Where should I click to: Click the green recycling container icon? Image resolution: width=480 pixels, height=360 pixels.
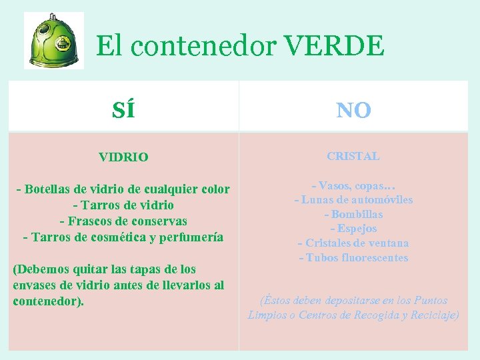click(x=54, y=40)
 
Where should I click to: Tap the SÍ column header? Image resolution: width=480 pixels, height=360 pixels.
click(x=123, y=109)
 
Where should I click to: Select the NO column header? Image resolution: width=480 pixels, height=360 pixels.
click(x=353, y=109)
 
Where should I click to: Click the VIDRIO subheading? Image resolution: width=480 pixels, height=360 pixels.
click(x=123, y=158)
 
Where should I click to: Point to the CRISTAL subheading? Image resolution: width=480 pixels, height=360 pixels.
click(x=353, y=156)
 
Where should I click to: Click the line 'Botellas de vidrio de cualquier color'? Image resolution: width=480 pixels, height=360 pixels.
click(x=123, y=189)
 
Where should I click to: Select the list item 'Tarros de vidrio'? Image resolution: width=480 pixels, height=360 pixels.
click(x=123, y=205)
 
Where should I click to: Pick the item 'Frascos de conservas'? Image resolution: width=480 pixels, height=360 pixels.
click(x=123, y=221)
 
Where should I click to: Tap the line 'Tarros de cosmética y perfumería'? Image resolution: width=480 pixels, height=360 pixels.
click(x=123, y=237)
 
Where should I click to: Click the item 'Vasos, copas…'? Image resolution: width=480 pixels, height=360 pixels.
click(x=353, y=185)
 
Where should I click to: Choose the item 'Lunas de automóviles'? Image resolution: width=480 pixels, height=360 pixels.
click(x=353, y=199)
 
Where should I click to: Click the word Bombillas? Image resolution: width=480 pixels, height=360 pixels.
click(x=353, y=214)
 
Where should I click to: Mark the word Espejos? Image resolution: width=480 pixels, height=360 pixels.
click(x=353, y=228)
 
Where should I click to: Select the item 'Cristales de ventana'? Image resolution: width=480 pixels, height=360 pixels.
click(x=353, y=243)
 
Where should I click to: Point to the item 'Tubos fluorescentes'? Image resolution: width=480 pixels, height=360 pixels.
click(x=353, y=257)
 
